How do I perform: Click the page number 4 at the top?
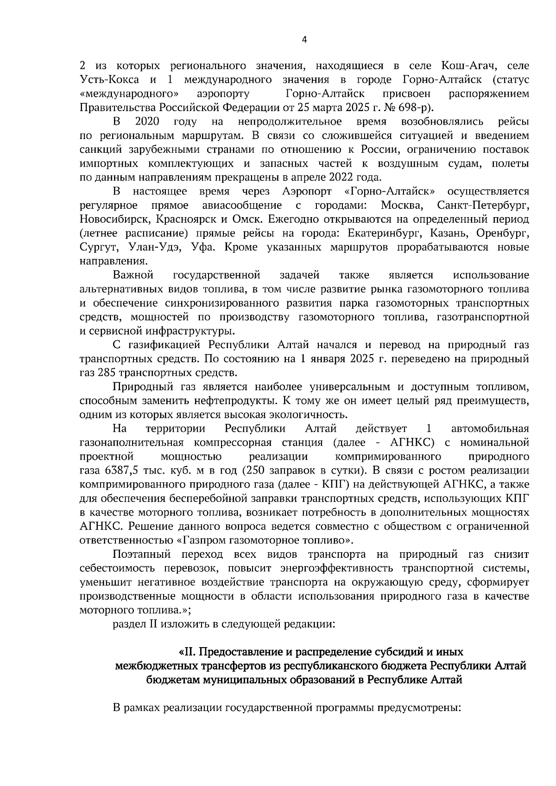(x=304, y=40)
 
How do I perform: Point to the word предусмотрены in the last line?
(x=418, y=708)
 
